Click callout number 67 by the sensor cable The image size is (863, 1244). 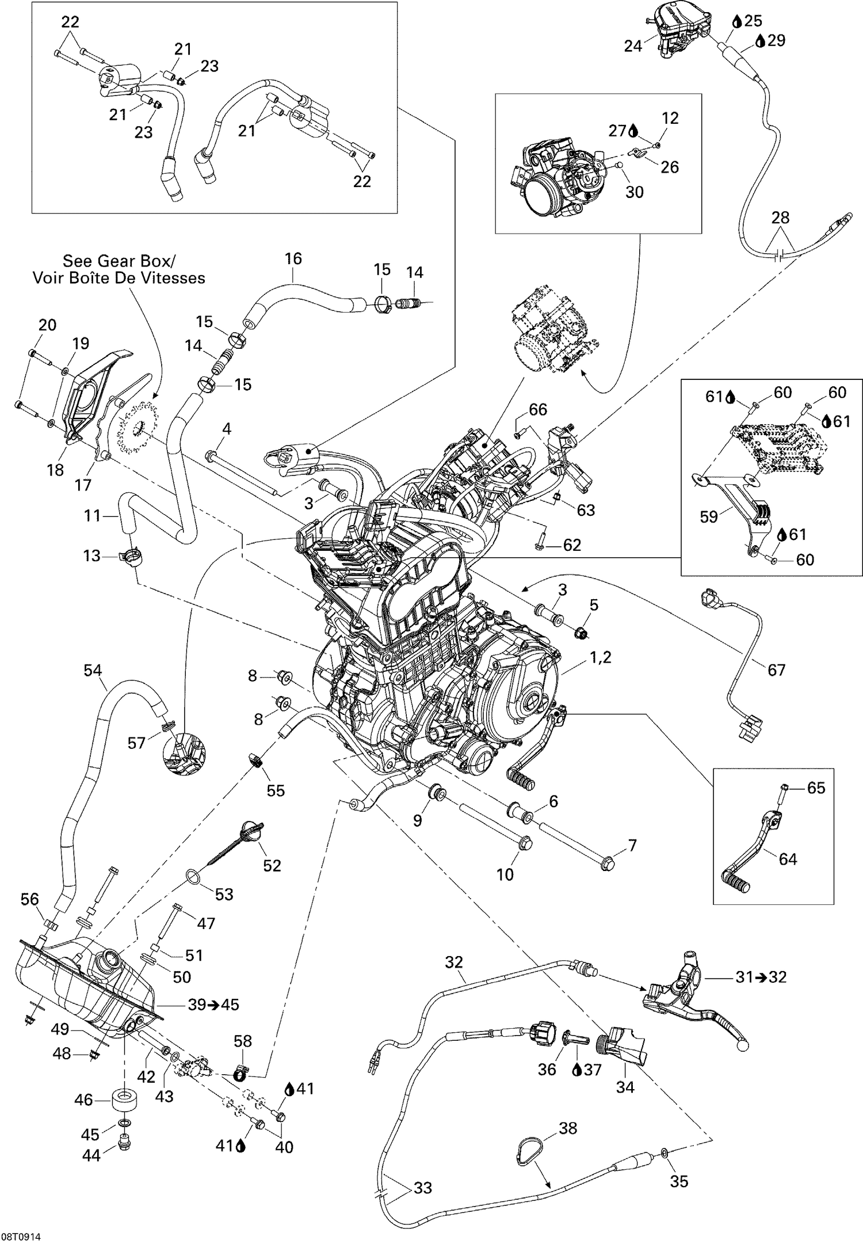click(776, 669)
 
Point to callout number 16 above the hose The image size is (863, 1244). click(293, 258)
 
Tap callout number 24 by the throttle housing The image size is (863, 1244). click(633, 46)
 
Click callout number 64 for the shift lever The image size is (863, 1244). click(788, 859)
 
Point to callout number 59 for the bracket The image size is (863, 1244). click(709, 516)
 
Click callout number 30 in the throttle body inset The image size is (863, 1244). click(634, 192)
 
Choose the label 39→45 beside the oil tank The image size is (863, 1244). click(213, 1005)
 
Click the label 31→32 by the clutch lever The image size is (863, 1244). click(761, 977)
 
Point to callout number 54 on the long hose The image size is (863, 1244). click(93, 670)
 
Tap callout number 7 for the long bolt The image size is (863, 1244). click(632, 846)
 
